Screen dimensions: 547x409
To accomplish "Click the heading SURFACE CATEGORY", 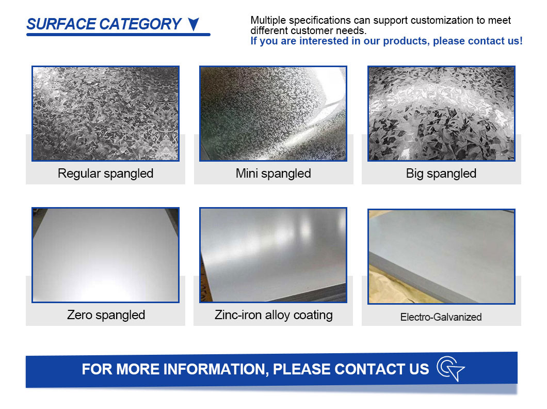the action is [x=104, y=24].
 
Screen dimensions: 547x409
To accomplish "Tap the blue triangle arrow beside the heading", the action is [x=194, y=24].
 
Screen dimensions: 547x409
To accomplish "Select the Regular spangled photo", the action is [x=105, y=114].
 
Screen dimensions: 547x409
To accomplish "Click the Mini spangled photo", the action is [x=273, y=114].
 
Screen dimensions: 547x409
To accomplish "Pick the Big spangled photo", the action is [x=441, y=114].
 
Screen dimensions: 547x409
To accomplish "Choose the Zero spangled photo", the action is [x=105, y=255].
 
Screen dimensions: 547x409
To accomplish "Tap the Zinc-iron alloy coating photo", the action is [x=273, y=255].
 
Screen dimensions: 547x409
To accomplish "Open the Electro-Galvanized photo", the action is [x=441, y=257].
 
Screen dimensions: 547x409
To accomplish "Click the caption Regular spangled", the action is [x=105, y=174].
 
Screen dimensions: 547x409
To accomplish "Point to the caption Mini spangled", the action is [x=273, y=174].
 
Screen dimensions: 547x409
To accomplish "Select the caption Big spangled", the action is [x=441, y=174].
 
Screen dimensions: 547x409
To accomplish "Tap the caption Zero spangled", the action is [x=106, y=315].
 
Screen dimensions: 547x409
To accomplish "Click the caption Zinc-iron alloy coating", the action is [x=273, y=315].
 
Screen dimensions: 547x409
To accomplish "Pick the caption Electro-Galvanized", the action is [x=441, y=317].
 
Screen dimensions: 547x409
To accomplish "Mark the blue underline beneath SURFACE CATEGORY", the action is [x=118, y=35].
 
